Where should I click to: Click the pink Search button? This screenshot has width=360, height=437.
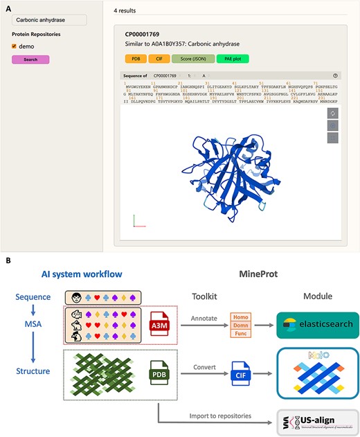pos(30,60)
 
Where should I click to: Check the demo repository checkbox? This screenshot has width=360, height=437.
pos(15,46)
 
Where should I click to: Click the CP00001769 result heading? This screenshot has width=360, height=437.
pos(143,33)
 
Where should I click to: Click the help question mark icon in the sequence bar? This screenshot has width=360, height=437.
pos(335,75)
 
